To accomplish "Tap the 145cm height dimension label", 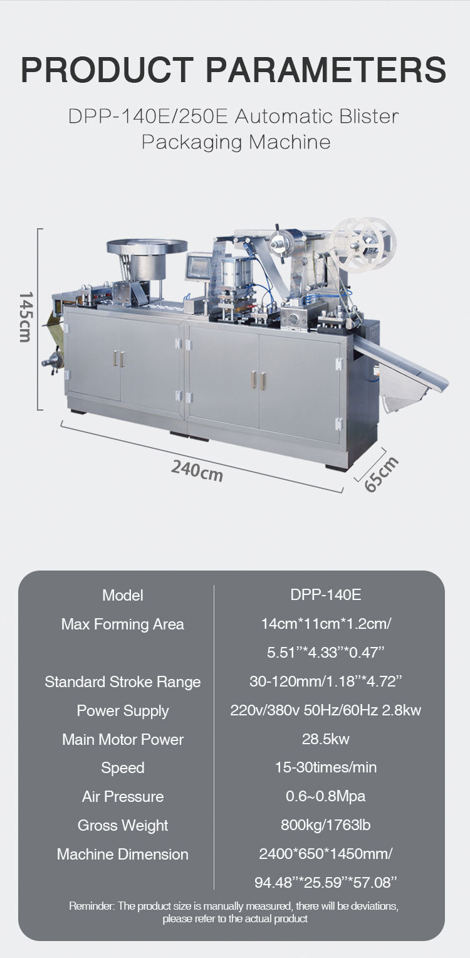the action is pos(26,317).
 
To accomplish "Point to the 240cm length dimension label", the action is pos(197,470).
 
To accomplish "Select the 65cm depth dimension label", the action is pos(380,474).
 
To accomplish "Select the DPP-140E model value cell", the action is pos(325,594).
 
